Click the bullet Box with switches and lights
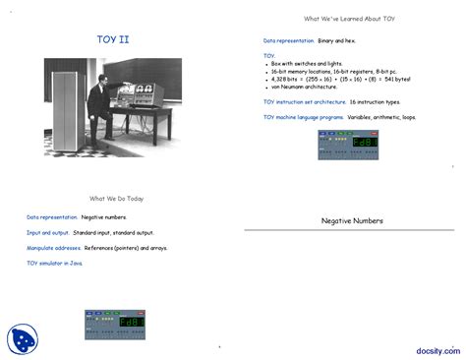305,64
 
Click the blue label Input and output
46,233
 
